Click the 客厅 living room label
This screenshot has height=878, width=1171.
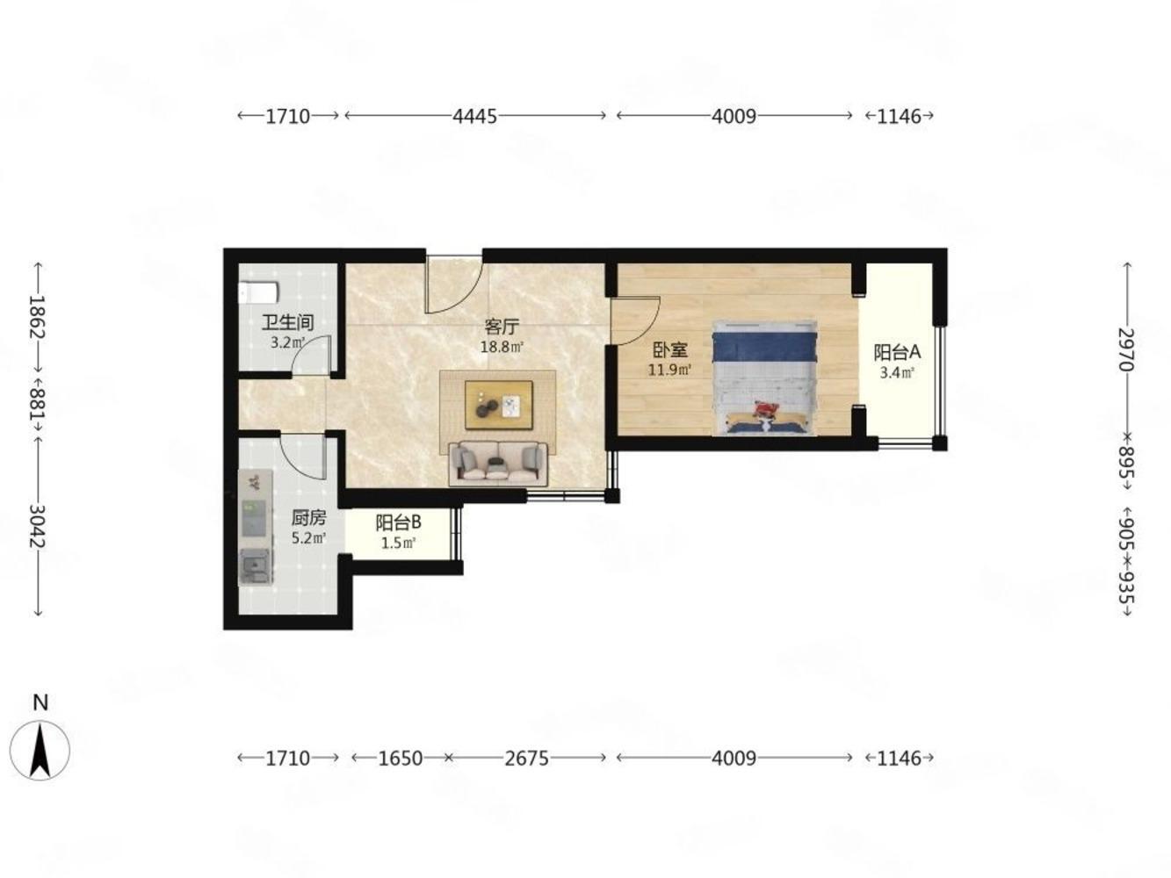[501, 326]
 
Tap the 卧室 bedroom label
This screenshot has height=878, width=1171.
[670, 349]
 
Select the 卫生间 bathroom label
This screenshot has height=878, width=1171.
[287, 322]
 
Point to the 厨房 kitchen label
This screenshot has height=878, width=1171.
[308, 518]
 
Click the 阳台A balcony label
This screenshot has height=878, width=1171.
[897, 352]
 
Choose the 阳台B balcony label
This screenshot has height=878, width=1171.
[398, 523]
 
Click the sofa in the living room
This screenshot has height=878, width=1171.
[498, 464]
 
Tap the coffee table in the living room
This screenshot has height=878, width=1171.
[498, 405]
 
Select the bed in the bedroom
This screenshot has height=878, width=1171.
[764, 378]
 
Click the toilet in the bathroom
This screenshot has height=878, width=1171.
[258, 292]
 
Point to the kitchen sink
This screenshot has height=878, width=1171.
[256, 566]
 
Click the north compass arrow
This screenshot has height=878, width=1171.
[40, 750]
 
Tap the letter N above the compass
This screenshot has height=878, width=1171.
[40, 703]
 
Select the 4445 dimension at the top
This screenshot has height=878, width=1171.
[474, 116]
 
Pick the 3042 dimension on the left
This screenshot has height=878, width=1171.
[38, 527]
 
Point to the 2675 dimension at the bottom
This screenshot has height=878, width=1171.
[526, 758]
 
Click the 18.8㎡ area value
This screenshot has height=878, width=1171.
[502, 348]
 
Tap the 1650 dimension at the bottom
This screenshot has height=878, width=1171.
[400, 758]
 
